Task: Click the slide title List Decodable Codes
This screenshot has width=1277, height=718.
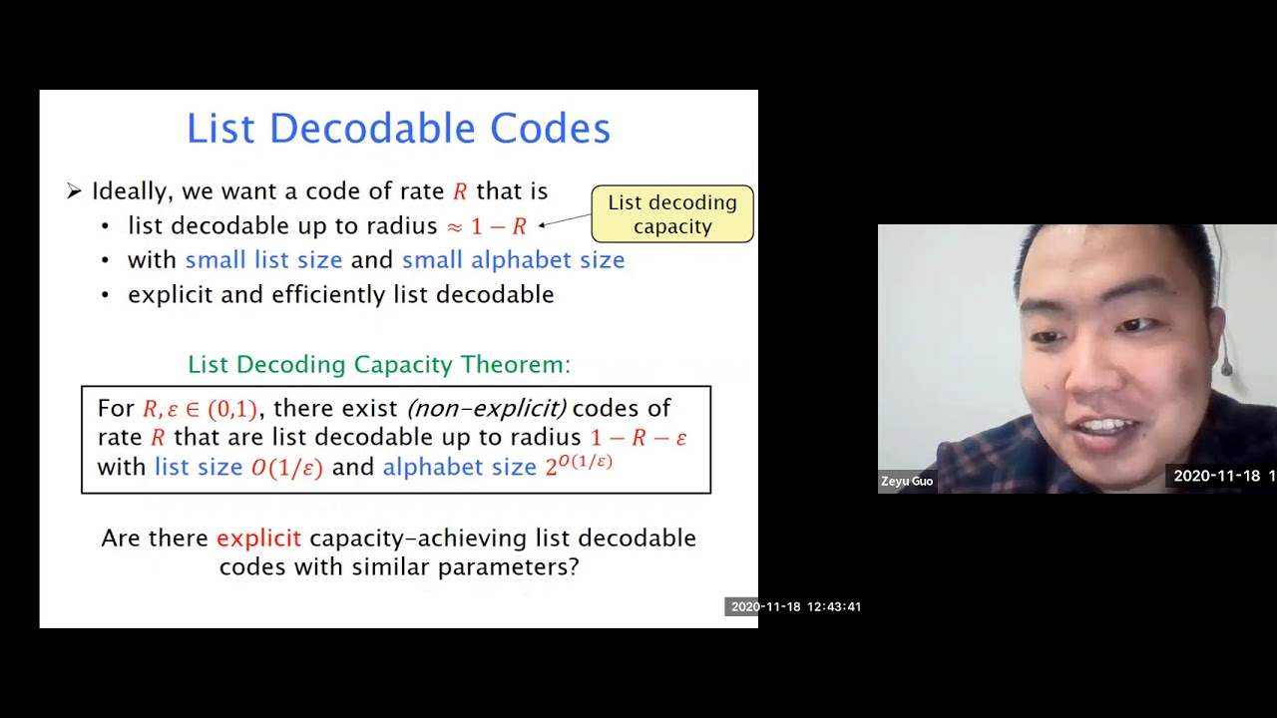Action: (398, 129)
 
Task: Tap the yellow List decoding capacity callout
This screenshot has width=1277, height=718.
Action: (672, 214)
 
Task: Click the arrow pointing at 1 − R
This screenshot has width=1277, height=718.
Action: (564, 220)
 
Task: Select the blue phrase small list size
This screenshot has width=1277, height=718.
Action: (263, 260)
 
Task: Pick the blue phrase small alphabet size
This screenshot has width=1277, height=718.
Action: (513, 260)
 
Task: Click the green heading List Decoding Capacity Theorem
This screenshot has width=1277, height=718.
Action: (379, 364)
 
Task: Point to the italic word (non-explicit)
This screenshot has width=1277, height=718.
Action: (486, 408)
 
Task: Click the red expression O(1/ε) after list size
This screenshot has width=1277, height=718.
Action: (287, 468)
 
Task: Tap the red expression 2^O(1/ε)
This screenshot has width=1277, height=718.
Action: (579, 465)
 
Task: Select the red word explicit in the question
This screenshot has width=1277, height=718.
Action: (258, 538)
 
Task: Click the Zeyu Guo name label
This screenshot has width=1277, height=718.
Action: (907, 482)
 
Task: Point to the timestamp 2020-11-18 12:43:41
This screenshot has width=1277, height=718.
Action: (795, 606)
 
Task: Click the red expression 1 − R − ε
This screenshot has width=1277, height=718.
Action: (638, 438)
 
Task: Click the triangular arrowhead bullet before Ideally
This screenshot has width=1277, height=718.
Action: (74, 191)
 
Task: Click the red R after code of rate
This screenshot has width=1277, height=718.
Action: (460, 191)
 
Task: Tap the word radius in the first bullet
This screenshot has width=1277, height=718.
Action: (402, 226)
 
